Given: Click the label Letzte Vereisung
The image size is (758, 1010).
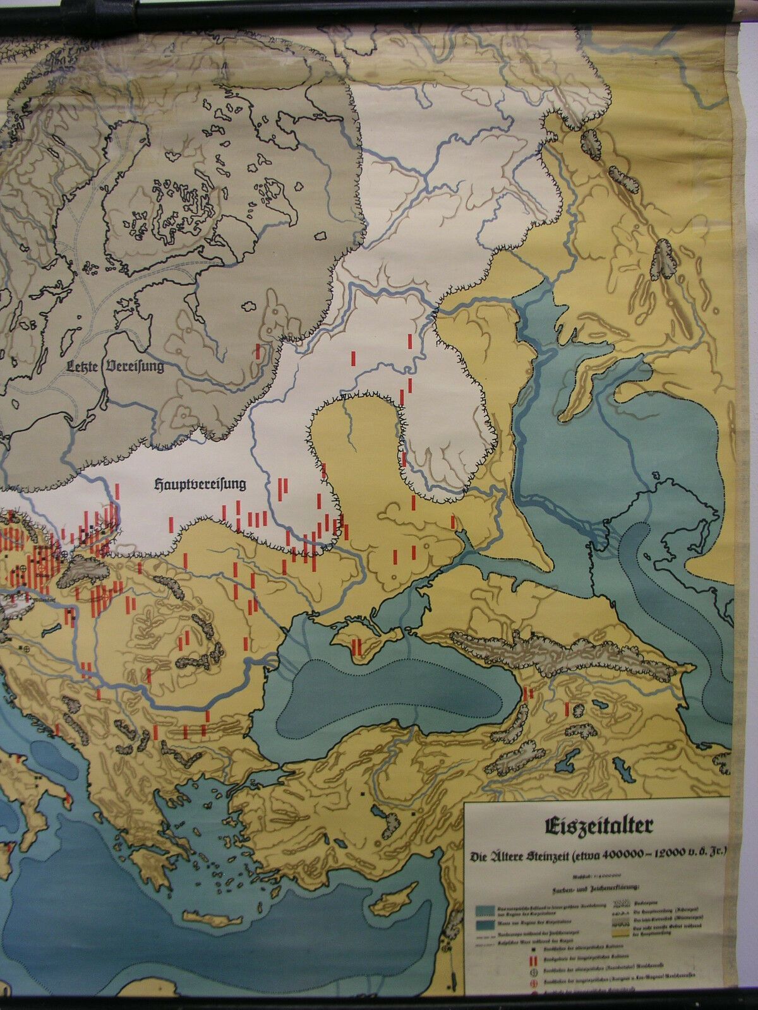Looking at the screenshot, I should point(116,365).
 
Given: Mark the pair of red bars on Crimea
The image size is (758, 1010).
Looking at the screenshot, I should point(356,646).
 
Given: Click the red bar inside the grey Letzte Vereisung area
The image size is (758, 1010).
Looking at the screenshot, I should point(258,352).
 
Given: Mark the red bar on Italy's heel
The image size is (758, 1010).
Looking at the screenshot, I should point(67,802).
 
